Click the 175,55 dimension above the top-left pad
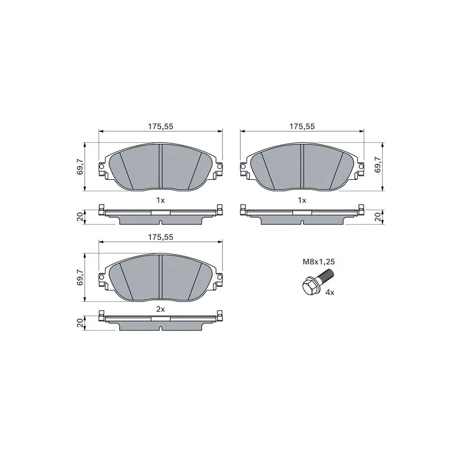point(161,126)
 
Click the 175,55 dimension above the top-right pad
point(302,126)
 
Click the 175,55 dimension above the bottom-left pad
point(161,237)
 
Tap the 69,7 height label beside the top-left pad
point(80,167)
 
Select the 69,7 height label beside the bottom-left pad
point(80,277)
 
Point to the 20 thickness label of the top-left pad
point(80,218)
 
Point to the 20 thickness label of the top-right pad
point(378,217)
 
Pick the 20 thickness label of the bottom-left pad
point(80,323)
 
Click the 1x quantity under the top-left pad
point(161,200)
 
